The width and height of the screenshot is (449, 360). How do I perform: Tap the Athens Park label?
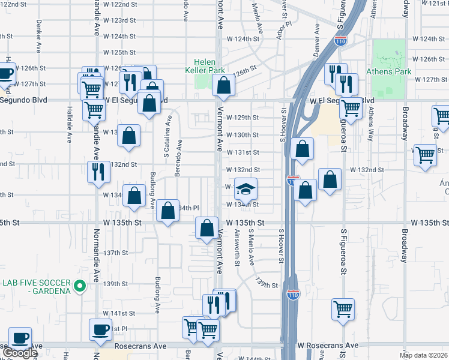tap(392, 71)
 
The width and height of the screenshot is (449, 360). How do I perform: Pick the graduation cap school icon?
tap(246, 190)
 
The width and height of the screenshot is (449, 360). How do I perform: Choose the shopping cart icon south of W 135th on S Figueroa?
tap(343, 310)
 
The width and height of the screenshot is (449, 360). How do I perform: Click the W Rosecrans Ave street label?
tap(328, 346)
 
